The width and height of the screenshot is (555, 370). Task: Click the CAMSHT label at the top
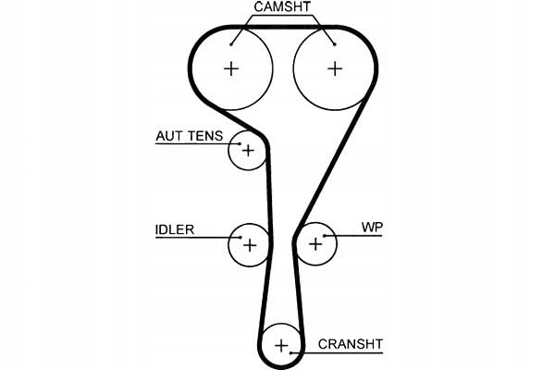tap(282, 6)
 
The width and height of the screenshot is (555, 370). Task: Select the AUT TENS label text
tap(190, 136)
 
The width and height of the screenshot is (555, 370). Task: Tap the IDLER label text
tap(175, 229)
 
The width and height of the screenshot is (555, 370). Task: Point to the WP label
tap(372, 227)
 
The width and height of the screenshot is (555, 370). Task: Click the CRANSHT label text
tap(351, 344)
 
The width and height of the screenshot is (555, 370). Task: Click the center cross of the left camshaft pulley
tap(231, 68)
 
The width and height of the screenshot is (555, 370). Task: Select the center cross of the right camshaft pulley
tap(335, 68)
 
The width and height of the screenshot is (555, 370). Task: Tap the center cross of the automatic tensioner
tap(248, 151)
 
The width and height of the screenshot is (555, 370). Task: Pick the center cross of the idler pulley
tap(250, 245)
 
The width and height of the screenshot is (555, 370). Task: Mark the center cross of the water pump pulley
tap(315, 244)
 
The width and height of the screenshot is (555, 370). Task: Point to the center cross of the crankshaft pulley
tap(281, 346)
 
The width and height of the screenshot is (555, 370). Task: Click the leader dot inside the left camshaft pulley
tap(230, 44)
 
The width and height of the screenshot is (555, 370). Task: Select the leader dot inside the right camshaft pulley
tap(335, 44)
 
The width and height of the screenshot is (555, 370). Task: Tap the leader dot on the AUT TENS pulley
tap(240, 143)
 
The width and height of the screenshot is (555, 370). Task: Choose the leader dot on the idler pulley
tap(240, 237)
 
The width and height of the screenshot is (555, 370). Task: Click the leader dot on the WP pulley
tap(325, 236)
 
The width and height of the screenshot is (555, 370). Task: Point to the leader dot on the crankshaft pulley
tap(290, 352)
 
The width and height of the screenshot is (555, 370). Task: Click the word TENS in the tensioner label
tap(205, 136)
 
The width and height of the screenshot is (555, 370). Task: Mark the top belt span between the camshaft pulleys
tap(283, 27)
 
